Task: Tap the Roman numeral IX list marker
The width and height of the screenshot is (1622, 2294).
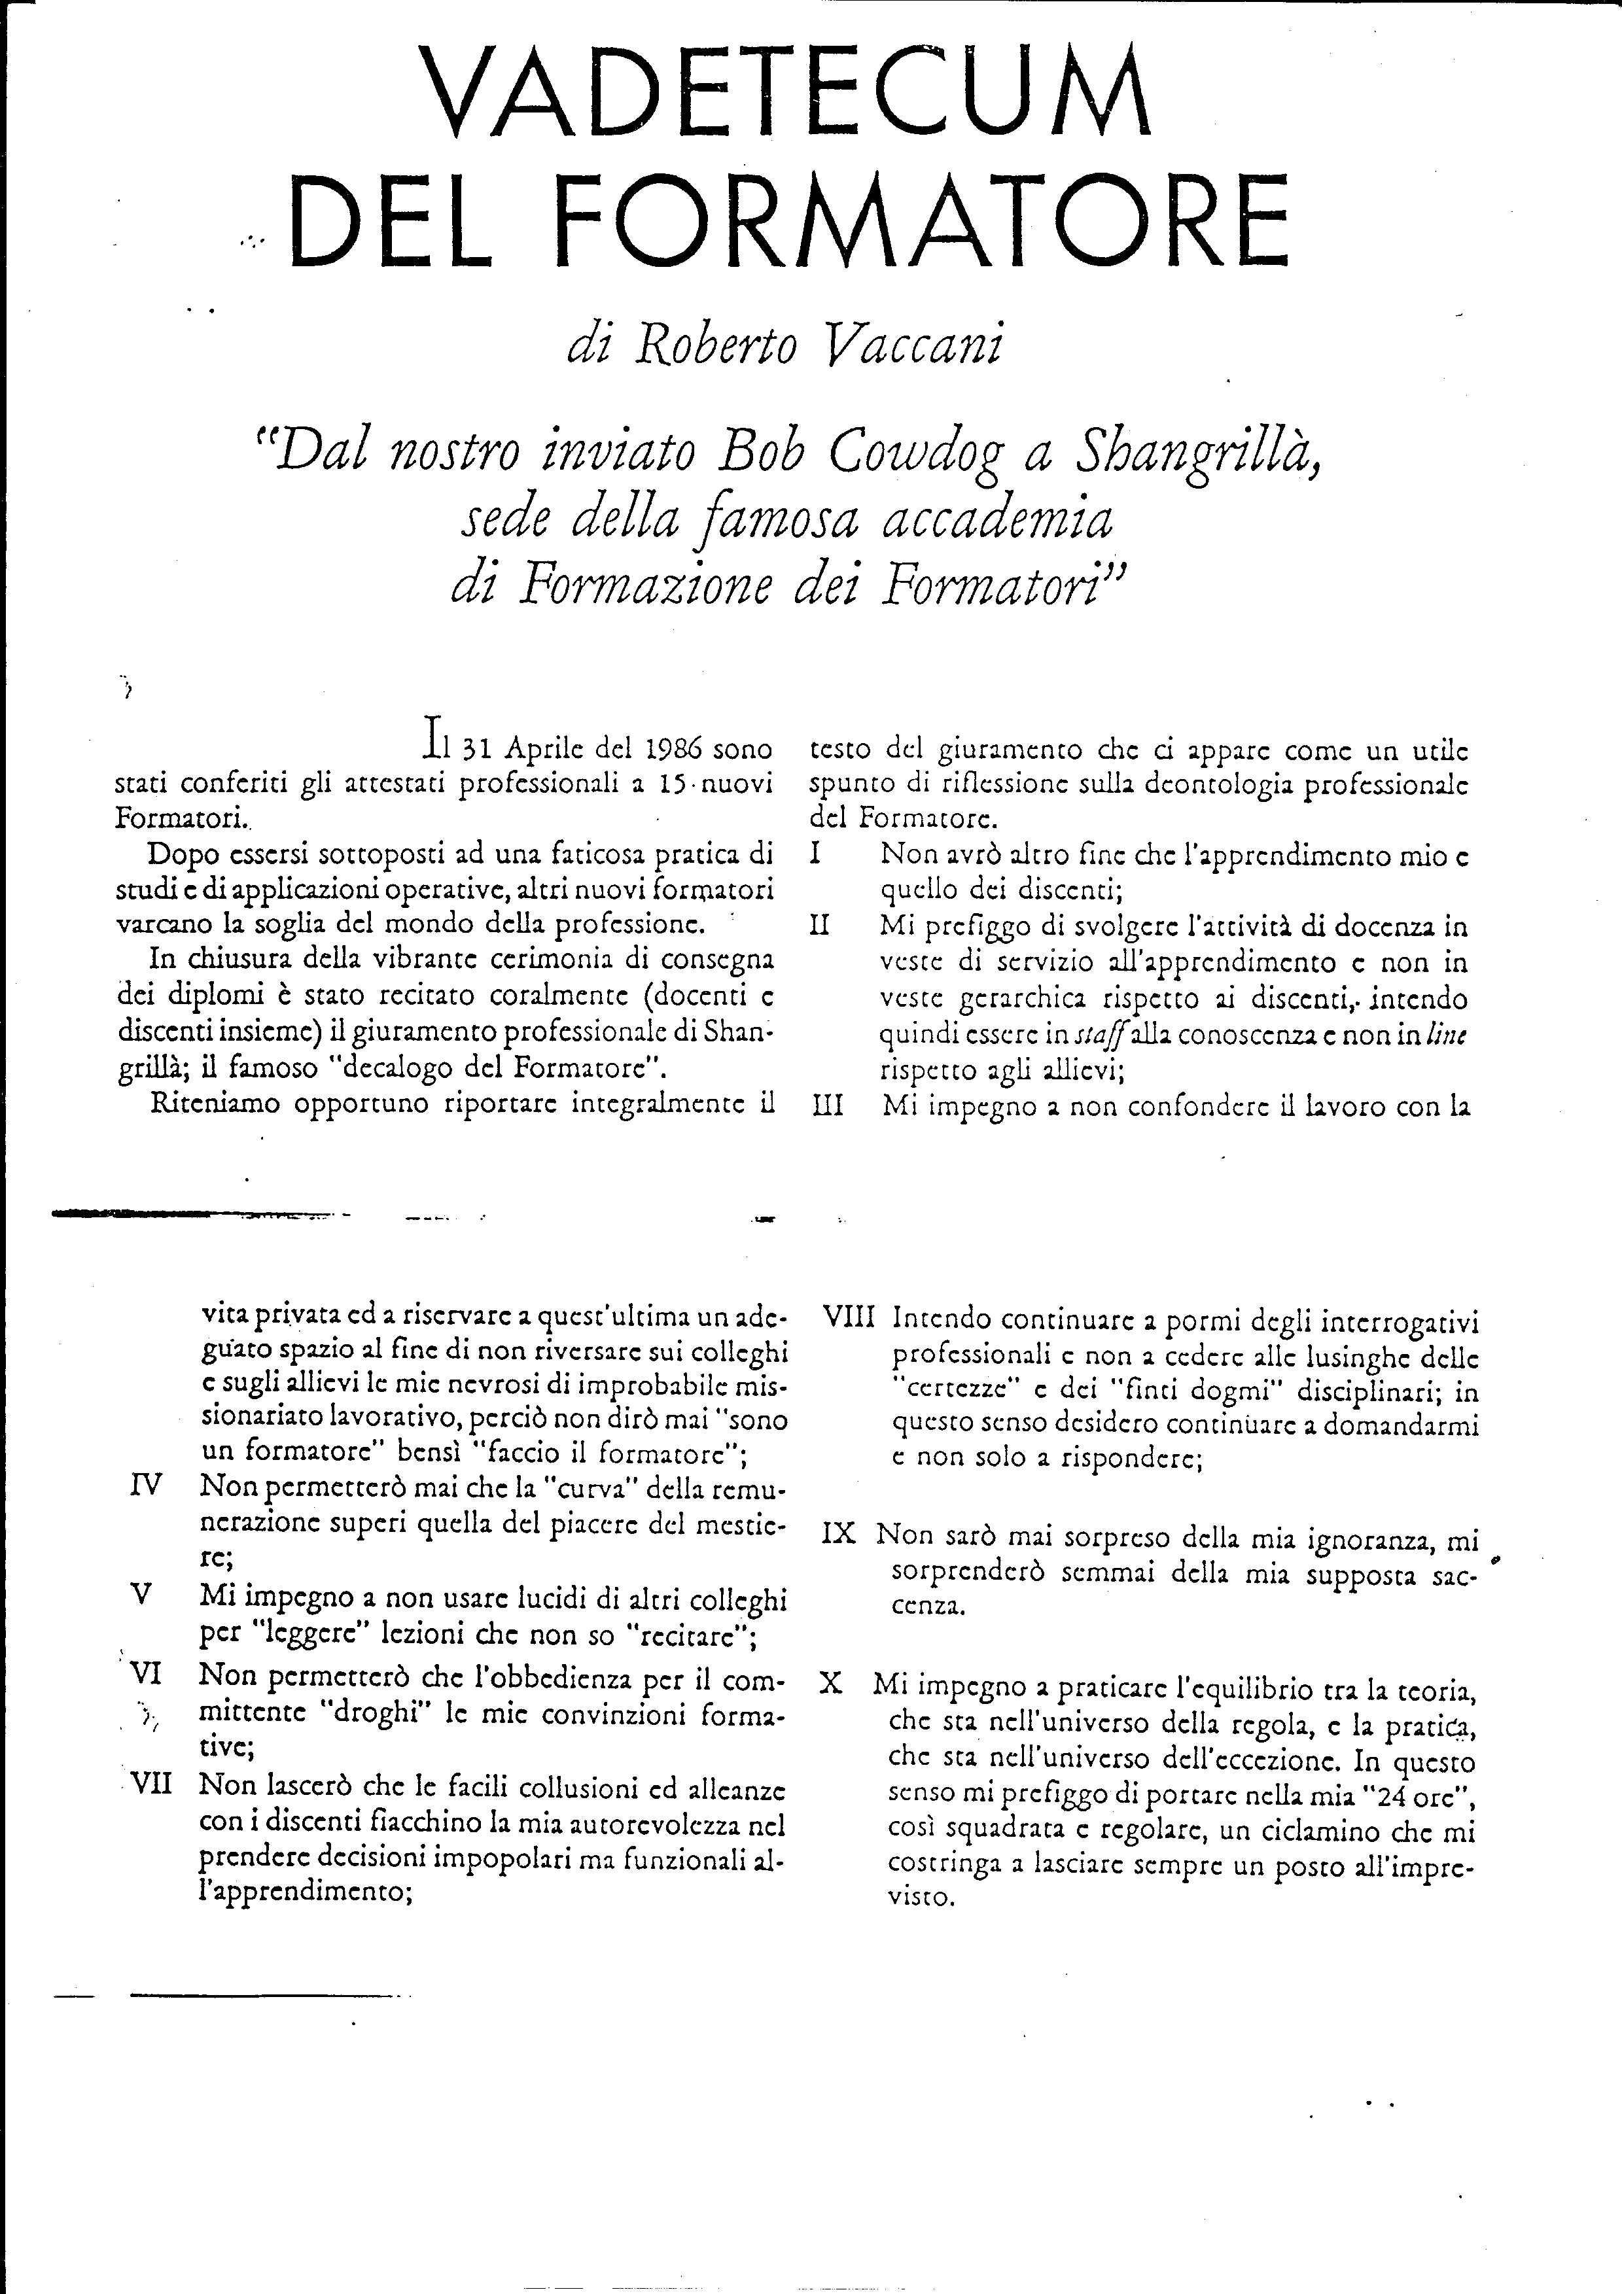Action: (x=839, y=1534)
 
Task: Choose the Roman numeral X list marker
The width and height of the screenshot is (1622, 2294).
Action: (x=830, y=1682)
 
